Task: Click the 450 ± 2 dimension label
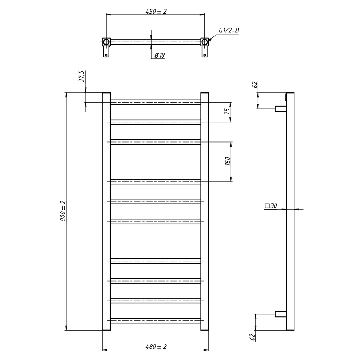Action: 156,11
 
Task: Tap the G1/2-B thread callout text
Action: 229,30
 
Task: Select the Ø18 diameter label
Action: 159,55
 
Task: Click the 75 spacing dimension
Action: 227,112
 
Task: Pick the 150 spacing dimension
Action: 227,161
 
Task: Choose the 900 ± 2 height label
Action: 63,211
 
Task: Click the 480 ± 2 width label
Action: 156,346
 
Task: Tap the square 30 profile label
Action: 271,206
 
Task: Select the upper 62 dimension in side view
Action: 255,85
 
